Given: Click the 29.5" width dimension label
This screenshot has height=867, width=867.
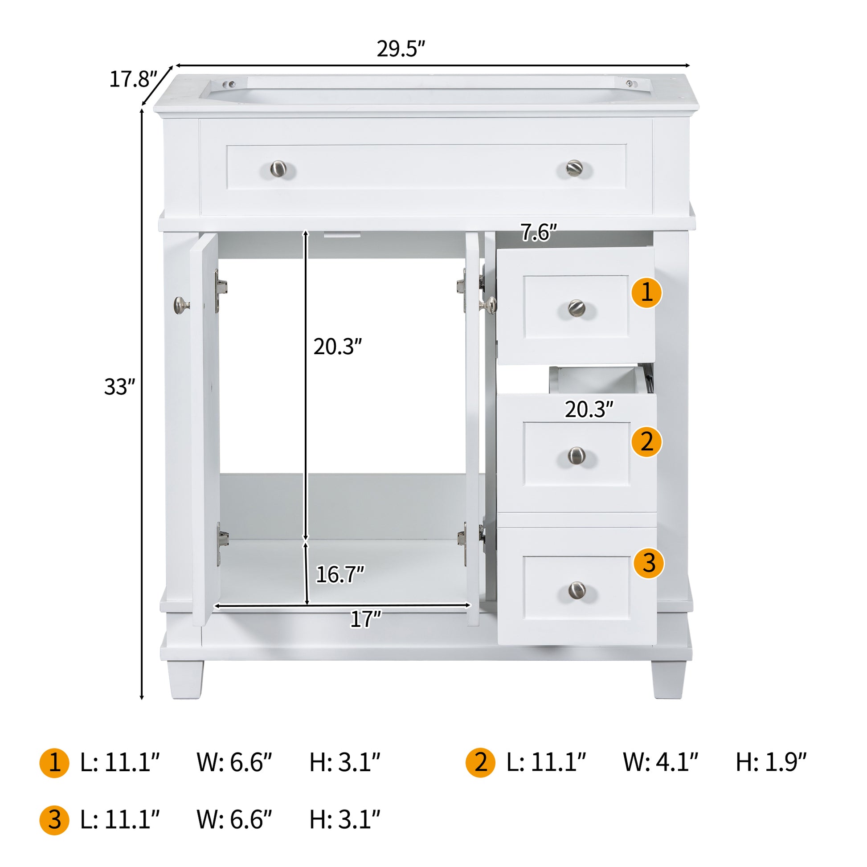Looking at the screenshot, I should click(400, 49).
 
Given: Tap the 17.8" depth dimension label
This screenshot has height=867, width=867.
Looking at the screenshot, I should click(133, 79).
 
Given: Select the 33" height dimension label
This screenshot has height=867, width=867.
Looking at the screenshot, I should click(119, 387).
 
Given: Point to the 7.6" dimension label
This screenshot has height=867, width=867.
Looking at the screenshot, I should click(538, 233).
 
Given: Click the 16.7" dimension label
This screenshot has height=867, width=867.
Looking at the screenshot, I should click(339, 574).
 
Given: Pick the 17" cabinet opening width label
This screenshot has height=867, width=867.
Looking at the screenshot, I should click(365, 619).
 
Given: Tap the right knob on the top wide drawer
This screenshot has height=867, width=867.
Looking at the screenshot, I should click(574, 168).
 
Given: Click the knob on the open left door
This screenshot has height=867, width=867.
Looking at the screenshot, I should click(180, 305).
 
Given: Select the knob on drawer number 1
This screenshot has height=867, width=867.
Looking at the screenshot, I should click(577, 308).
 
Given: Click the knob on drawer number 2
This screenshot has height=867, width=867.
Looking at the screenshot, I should click(577, 455).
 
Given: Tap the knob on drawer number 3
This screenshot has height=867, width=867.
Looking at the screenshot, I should click(577, 590).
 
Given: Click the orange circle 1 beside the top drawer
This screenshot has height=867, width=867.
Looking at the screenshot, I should click(646, 293).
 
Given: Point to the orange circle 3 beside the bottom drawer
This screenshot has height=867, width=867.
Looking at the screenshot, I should click(648, 563).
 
